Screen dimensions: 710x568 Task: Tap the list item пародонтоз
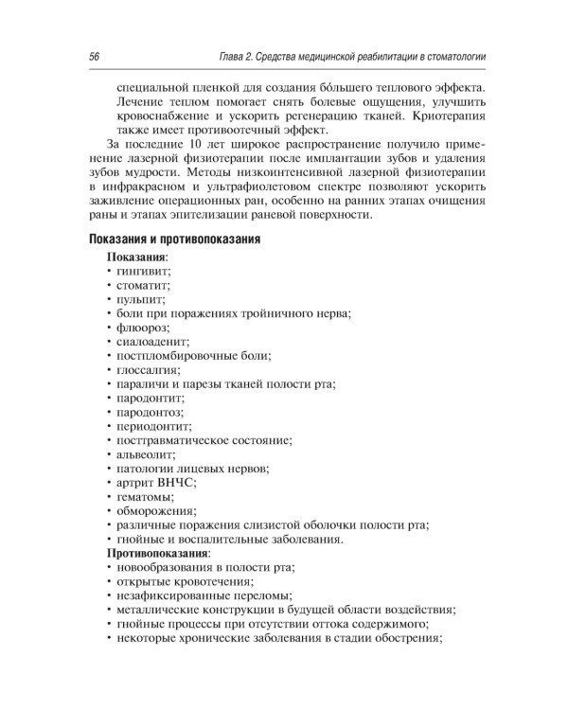(x=150, y=412)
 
